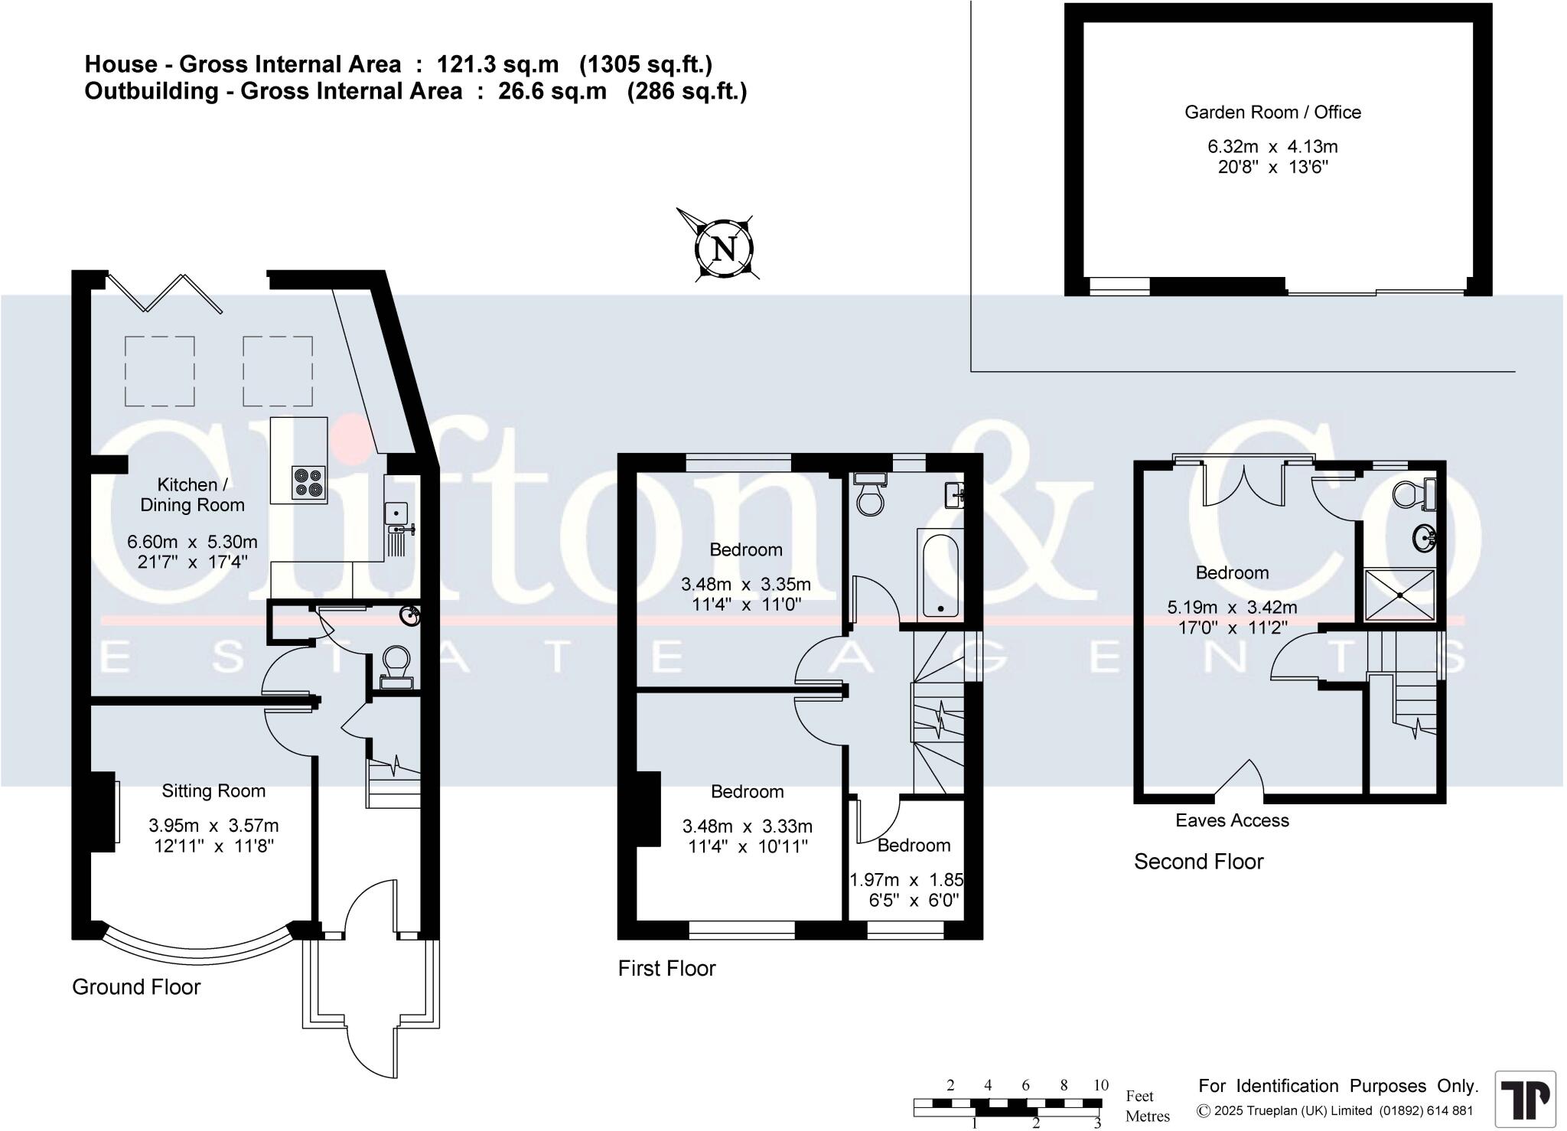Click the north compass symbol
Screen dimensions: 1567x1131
pyautogui.click(x=723, y=248)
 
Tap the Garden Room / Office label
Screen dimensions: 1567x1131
pyautogui.click(x=1272, y=112)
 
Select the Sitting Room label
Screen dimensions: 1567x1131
pyautogui.click(x=213, y=791)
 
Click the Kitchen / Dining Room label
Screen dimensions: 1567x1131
pyautogui.click(x=191, y=494)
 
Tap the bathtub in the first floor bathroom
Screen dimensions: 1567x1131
pyautogui.click(x=940, y=575)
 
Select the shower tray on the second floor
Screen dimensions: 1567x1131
pyautogui.click(x=1399, y=594)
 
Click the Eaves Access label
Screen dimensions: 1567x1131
pyautogui.click(x=1232, y=820)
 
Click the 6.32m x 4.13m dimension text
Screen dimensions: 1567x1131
pyautogui.click(x=1272, y=146)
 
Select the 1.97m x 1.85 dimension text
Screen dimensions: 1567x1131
pyautogui.click(x=907, y=880)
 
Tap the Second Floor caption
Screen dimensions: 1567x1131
pyautogui.click(x=1198, y=862)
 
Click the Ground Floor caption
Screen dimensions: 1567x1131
pyautogui.click(x=136, y=987)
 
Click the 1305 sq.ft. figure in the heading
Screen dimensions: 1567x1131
pyautogui.click(x=646, y=64)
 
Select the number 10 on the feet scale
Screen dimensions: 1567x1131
pyautogui.click(x=1100, y=1085)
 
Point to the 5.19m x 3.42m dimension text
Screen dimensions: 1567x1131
pyautogui.click(x=1232, y=608)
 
